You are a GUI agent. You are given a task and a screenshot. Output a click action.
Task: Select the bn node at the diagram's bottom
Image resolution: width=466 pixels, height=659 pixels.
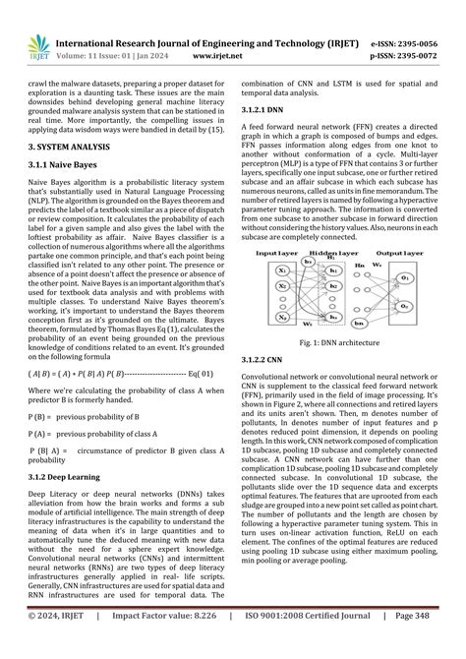pos(359,323)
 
